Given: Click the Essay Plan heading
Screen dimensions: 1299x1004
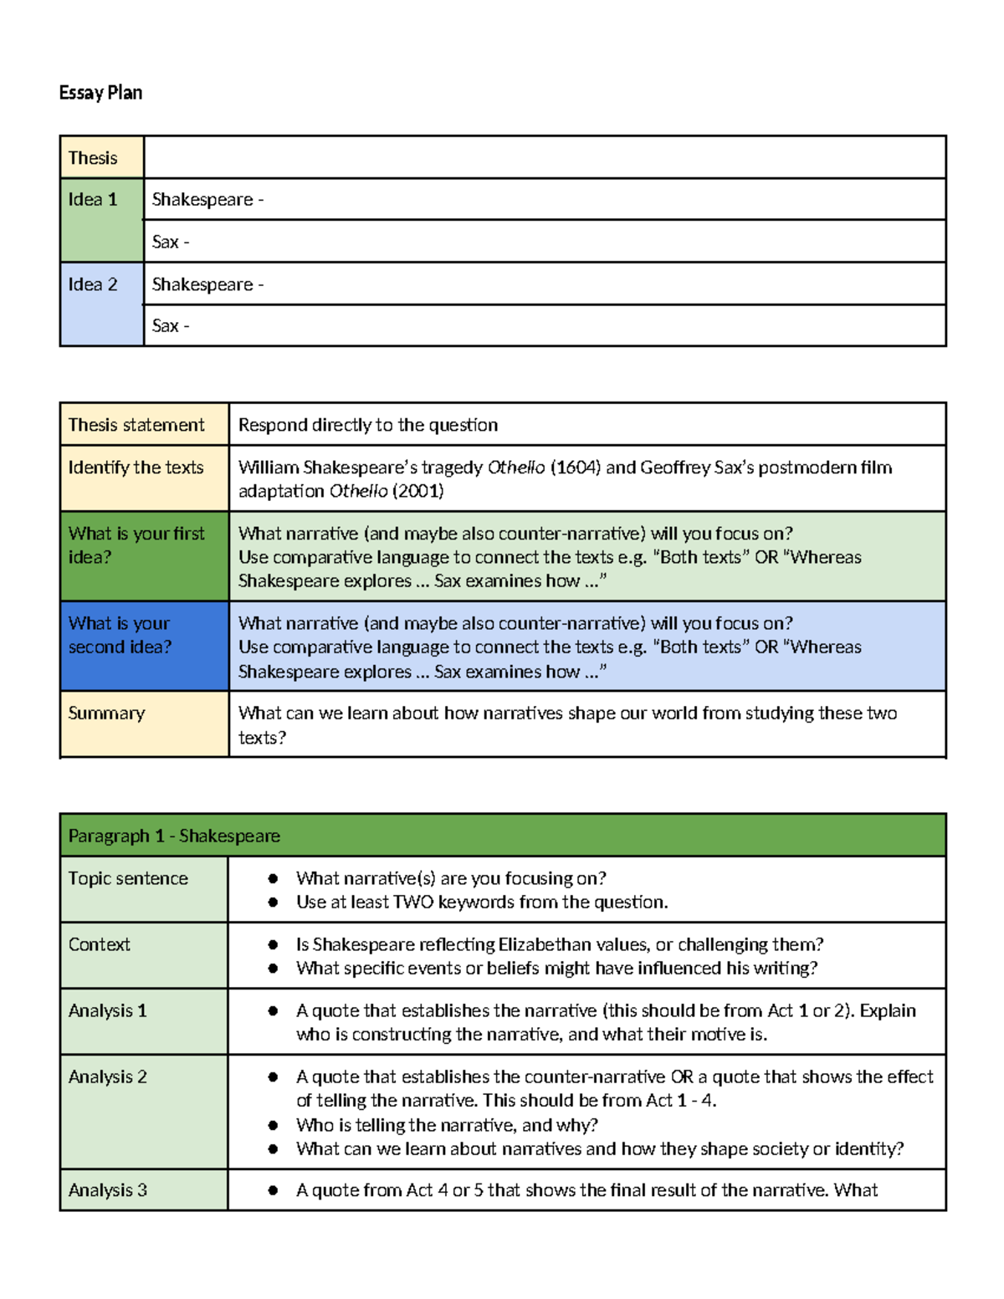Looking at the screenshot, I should tap(100, 93).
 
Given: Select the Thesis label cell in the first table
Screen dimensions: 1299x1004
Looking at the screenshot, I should tap(93, 158).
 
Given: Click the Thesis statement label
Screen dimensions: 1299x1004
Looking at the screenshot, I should tap(136, 425).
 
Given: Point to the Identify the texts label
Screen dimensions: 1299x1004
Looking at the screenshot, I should tap(136, 468).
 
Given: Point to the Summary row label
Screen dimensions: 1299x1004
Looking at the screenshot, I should tap(106, 713).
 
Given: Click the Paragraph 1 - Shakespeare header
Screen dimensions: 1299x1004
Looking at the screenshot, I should tap(174, 836).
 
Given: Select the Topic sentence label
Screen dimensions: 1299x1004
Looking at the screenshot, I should tap(128, 878).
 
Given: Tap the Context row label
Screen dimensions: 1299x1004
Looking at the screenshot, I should tap(99, 944).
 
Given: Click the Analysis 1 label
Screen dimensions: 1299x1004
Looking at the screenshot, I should tap(107, 1010).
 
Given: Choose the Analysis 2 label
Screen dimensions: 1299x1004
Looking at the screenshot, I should tap(107, 1077).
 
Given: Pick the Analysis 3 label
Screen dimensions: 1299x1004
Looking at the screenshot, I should tap(107, 1190).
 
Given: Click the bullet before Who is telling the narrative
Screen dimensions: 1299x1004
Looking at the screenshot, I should tap(273, 1126).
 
